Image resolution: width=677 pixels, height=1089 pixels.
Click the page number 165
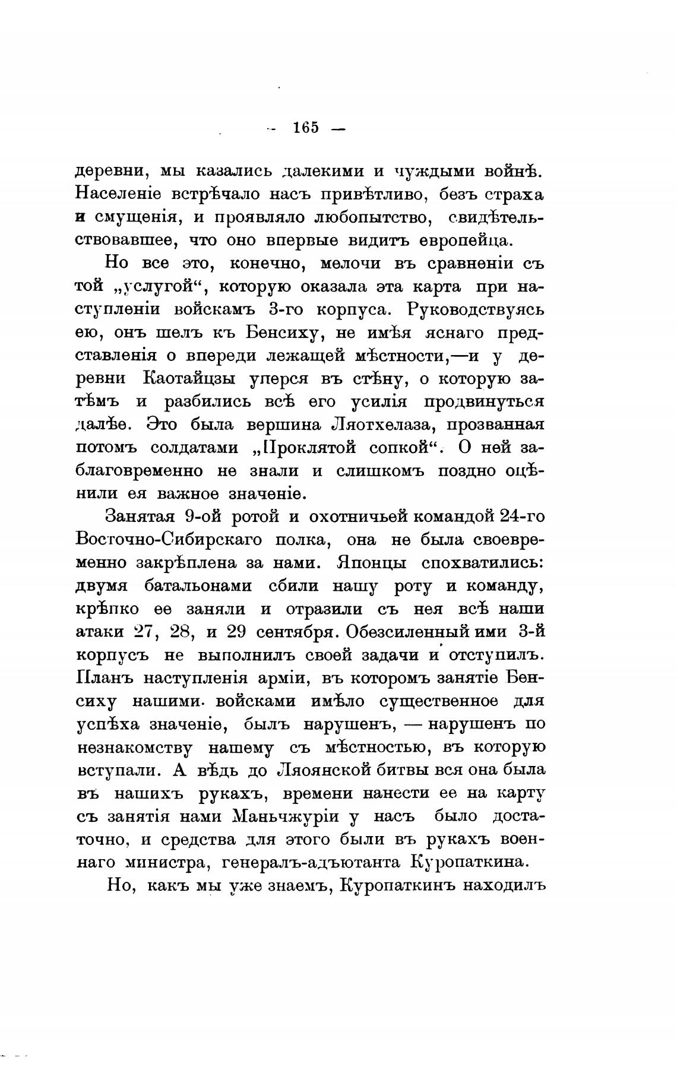306,128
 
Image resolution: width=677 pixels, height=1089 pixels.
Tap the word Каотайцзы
189,378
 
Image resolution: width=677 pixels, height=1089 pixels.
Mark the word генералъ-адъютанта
311,862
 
